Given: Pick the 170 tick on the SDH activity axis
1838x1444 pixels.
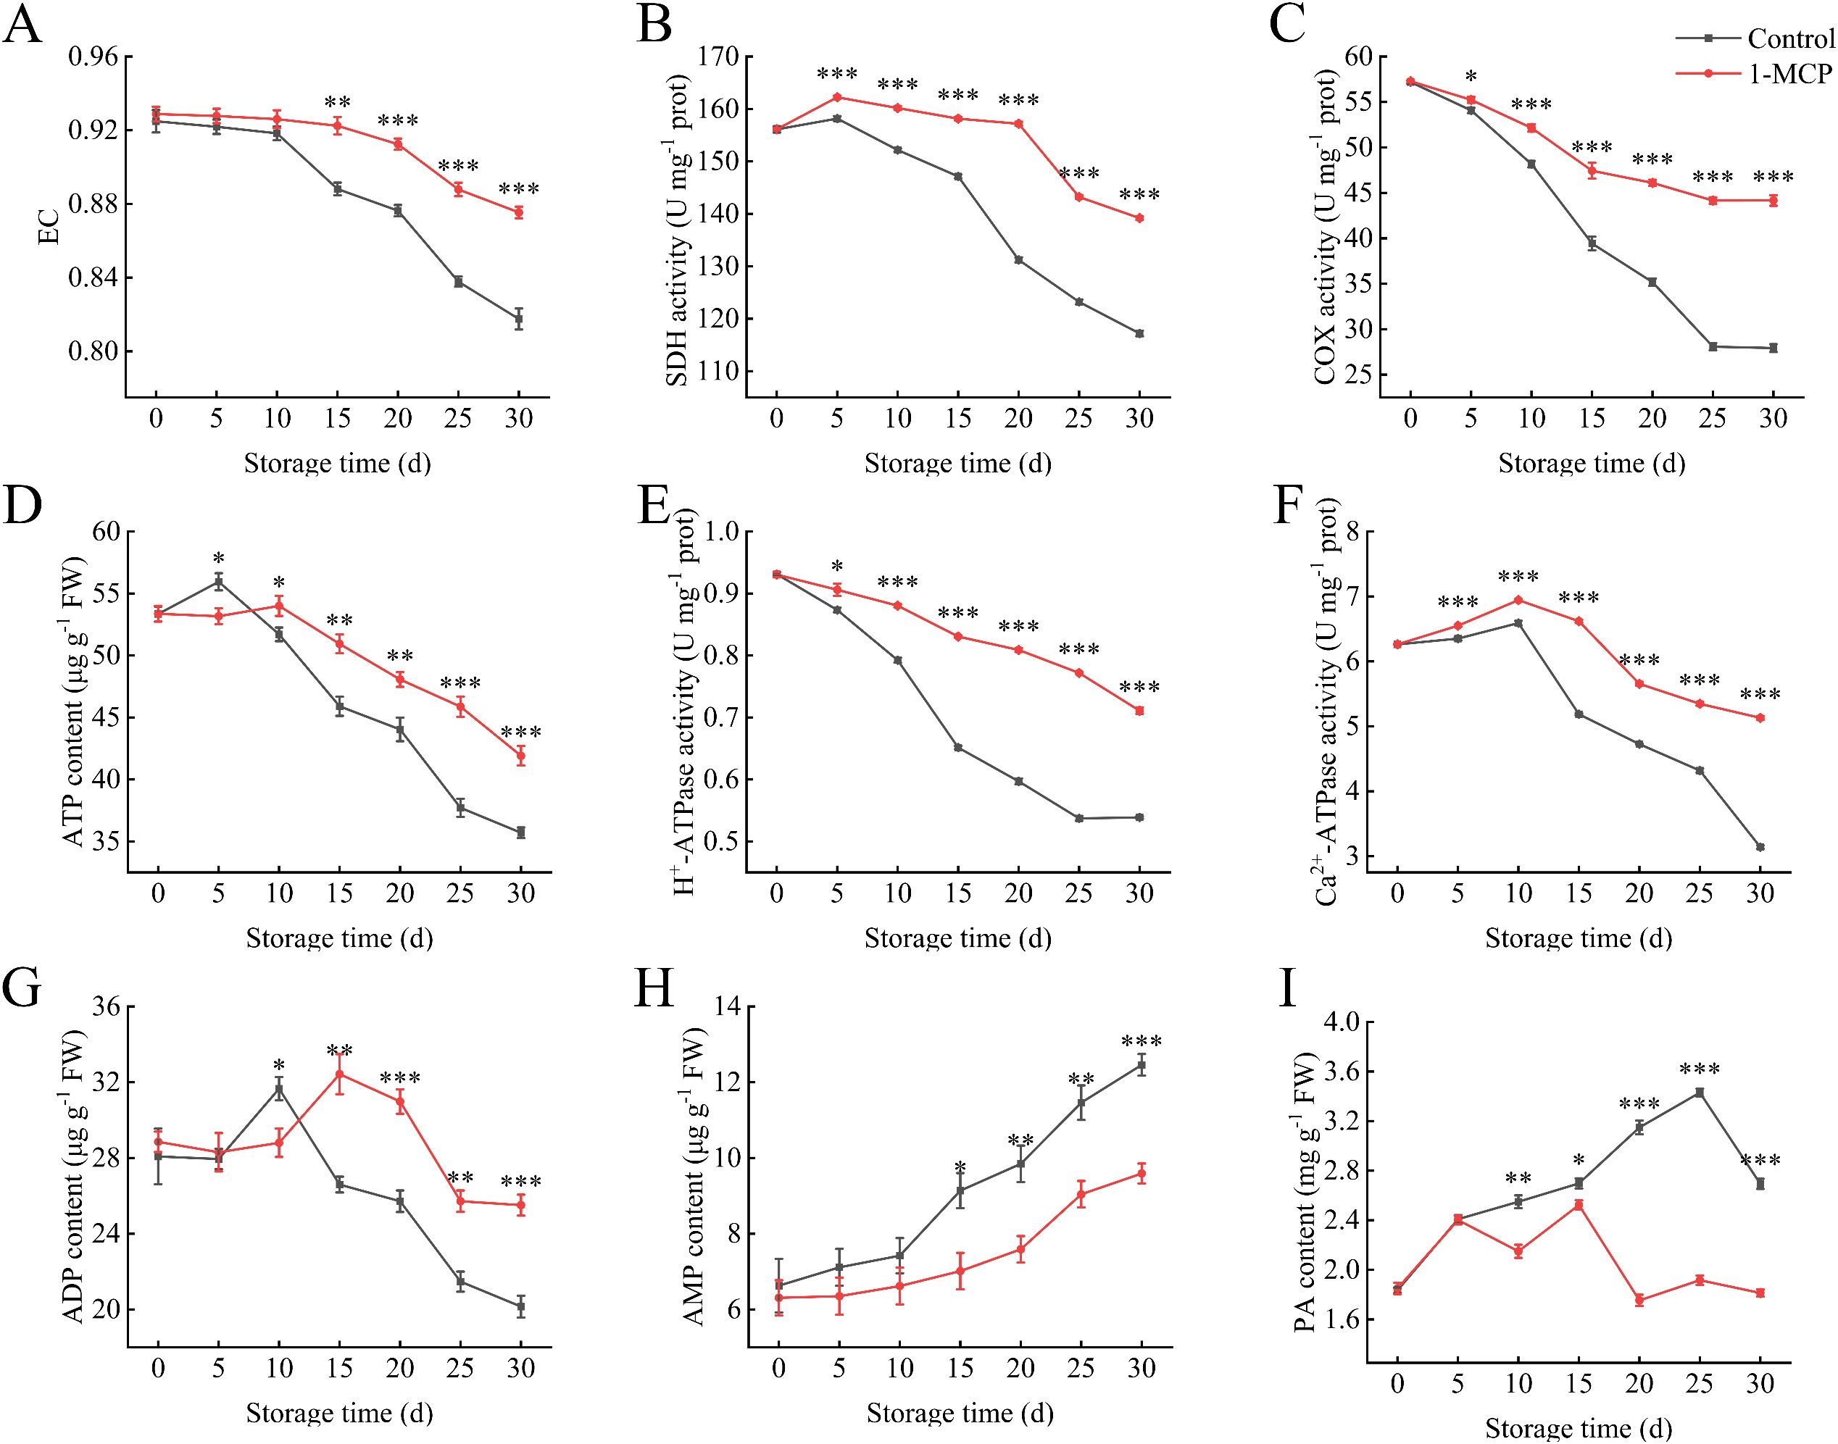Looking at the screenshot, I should coord(716,57).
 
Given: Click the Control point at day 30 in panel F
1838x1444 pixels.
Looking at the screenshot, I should coord(1760,847).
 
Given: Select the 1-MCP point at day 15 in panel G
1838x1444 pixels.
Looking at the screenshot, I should coord(339,1074).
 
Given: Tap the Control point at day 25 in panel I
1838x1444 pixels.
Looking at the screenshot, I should coord(1700,1093).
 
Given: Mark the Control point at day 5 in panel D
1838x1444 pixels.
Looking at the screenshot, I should coord(218,582).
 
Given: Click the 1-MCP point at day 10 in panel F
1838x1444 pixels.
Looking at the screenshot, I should coord(1518,600).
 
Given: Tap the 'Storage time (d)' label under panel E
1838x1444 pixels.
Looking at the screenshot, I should coord(957,938).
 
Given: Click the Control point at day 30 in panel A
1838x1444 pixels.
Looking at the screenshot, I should coord(518,319).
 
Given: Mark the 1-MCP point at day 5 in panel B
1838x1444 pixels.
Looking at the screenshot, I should coord(837,97).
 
